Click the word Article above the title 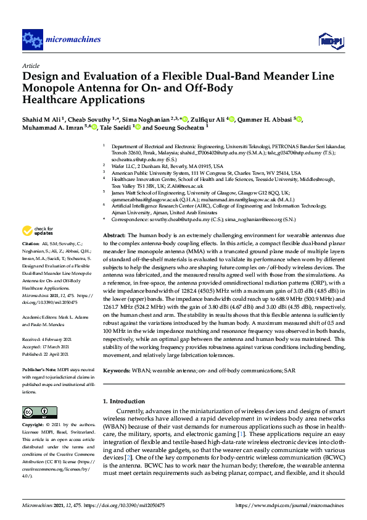(30, 65)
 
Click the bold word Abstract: (114, 236)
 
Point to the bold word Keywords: (116, 371)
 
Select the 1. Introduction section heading (123, 401)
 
